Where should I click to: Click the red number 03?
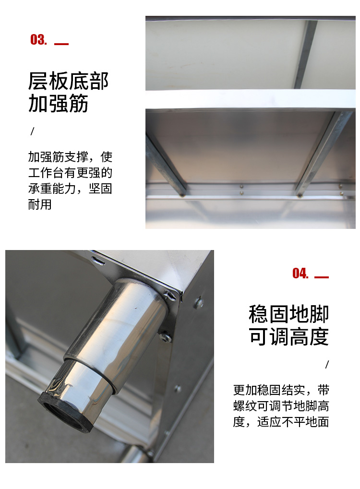(x=38, y=40)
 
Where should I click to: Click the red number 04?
(x=300, y=274)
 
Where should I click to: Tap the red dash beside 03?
(x=61, y=44)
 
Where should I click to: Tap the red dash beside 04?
(x=322, y=277)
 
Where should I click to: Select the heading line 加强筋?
(x=59, y=104)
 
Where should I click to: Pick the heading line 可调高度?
(x=288, y=337)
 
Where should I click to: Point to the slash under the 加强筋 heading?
(x=33, y=131)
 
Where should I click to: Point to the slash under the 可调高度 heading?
(x=327, y=364)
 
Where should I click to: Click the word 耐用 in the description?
(x=40, y=204)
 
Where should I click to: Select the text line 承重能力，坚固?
(x=70, y=189)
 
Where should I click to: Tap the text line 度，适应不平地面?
(x=281, y=422)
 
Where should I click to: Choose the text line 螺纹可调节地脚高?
(x=281, y=406)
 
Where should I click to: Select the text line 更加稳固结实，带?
(x=281, y=390)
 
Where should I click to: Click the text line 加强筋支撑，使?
(x=70, y=157)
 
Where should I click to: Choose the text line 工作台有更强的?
(x=70, y=173)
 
